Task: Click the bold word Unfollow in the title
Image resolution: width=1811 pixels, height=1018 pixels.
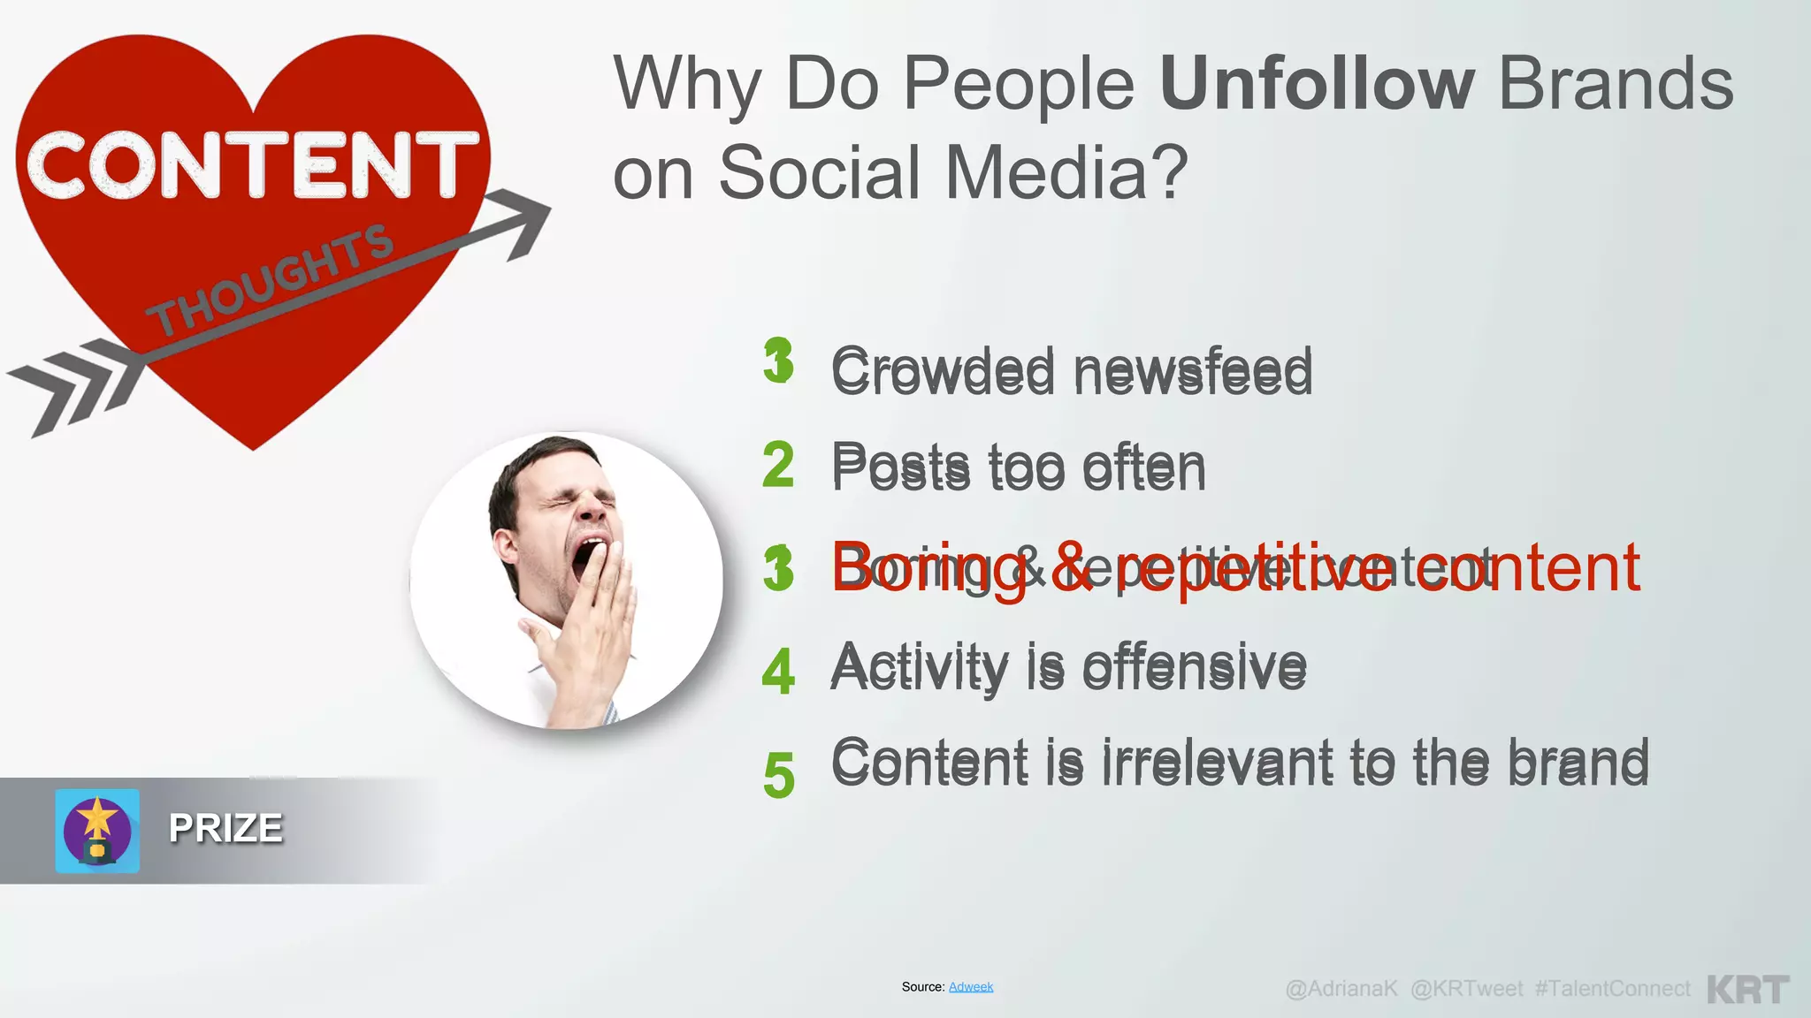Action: point(1316,84)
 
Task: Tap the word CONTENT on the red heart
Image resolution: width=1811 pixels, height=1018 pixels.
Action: point(252,165)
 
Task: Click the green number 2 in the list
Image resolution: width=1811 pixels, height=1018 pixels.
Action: point(778,466)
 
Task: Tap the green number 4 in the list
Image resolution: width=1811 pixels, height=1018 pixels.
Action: point(778,671)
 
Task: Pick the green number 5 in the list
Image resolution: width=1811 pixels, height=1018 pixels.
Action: point(778,775)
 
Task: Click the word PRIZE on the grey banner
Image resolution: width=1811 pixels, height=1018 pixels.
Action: point(225,829)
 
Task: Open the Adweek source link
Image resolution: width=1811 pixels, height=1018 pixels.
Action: point(971,987)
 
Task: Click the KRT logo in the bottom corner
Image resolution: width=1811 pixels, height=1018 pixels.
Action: point(1748,989)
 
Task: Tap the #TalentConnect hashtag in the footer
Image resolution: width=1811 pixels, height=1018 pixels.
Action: point(1612,989)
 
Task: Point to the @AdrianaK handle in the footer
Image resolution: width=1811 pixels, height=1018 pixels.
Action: point(1341,989)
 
